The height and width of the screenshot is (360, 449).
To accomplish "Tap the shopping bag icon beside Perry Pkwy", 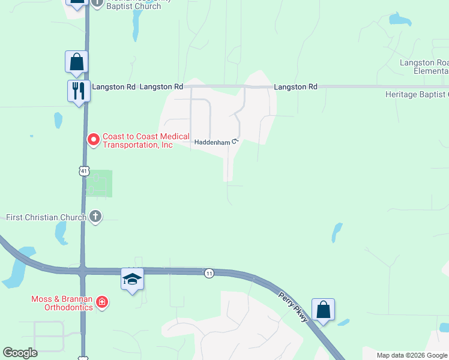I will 323,310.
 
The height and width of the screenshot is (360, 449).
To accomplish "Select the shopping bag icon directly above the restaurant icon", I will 77,62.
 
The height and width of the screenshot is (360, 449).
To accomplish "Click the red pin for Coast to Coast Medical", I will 94,140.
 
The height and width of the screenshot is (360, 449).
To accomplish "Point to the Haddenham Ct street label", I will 217,142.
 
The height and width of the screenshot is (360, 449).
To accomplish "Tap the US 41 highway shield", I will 83,171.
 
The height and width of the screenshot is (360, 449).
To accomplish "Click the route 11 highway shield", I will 208,273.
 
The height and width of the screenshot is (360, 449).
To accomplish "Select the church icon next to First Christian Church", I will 95,217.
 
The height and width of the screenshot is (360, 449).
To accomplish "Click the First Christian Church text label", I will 46,217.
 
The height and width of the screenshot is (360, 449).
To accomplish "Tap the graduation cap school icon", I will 132,279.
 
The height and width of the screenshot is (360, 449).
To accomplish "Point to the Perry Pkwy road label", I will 294,307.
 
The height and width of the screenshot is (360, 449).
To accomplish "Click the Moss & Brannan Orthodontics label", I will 62,303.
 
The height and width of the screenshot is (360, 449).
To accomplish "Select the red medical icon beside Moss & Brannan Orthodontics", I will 103,301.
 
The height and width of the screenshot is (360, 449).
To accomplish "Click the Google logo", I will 20,353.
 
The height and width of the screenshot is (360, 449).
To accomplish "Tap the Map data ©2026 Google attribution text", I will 412,355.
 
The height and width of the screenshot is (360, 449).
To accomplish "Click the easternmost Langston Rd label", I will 295,87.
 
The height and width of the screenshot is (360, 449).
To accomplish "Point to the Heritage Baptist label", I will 417,94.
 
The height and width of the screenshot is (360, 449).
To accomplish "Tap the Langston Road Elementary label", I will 424,67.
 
